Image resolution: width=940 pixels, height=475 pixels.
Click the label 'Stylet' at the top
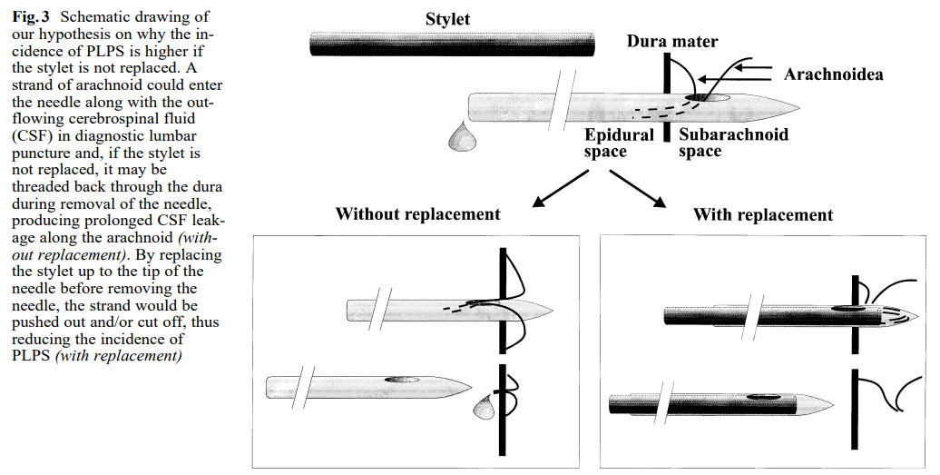[448, 19]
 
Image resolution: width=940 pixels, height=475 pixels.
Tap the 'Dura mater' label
[671, 41]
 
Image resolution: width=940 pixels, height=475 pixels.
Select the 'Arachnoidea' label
[833, 74]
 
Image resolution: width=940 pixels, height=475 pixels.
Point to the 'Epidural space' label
[618, 143]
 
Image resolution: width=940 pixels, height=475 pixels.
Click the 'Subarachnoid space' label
[732, 143]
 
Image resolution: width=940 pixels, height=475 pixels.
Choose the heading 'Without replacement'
[417, 214]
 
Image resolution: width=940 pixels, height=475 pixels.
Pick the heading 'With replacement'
[762, 215]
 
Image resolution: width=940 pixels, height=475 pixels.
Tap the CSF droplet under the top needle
[465, 136]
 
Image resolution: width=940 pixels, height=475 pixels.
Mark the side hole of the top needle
[707, 97]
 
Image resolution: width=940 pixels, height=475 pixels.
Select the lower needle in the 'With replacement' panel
[717, 401]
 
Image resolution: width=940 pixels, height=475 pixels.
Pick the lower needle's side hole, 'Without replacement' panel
[397, 378]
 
